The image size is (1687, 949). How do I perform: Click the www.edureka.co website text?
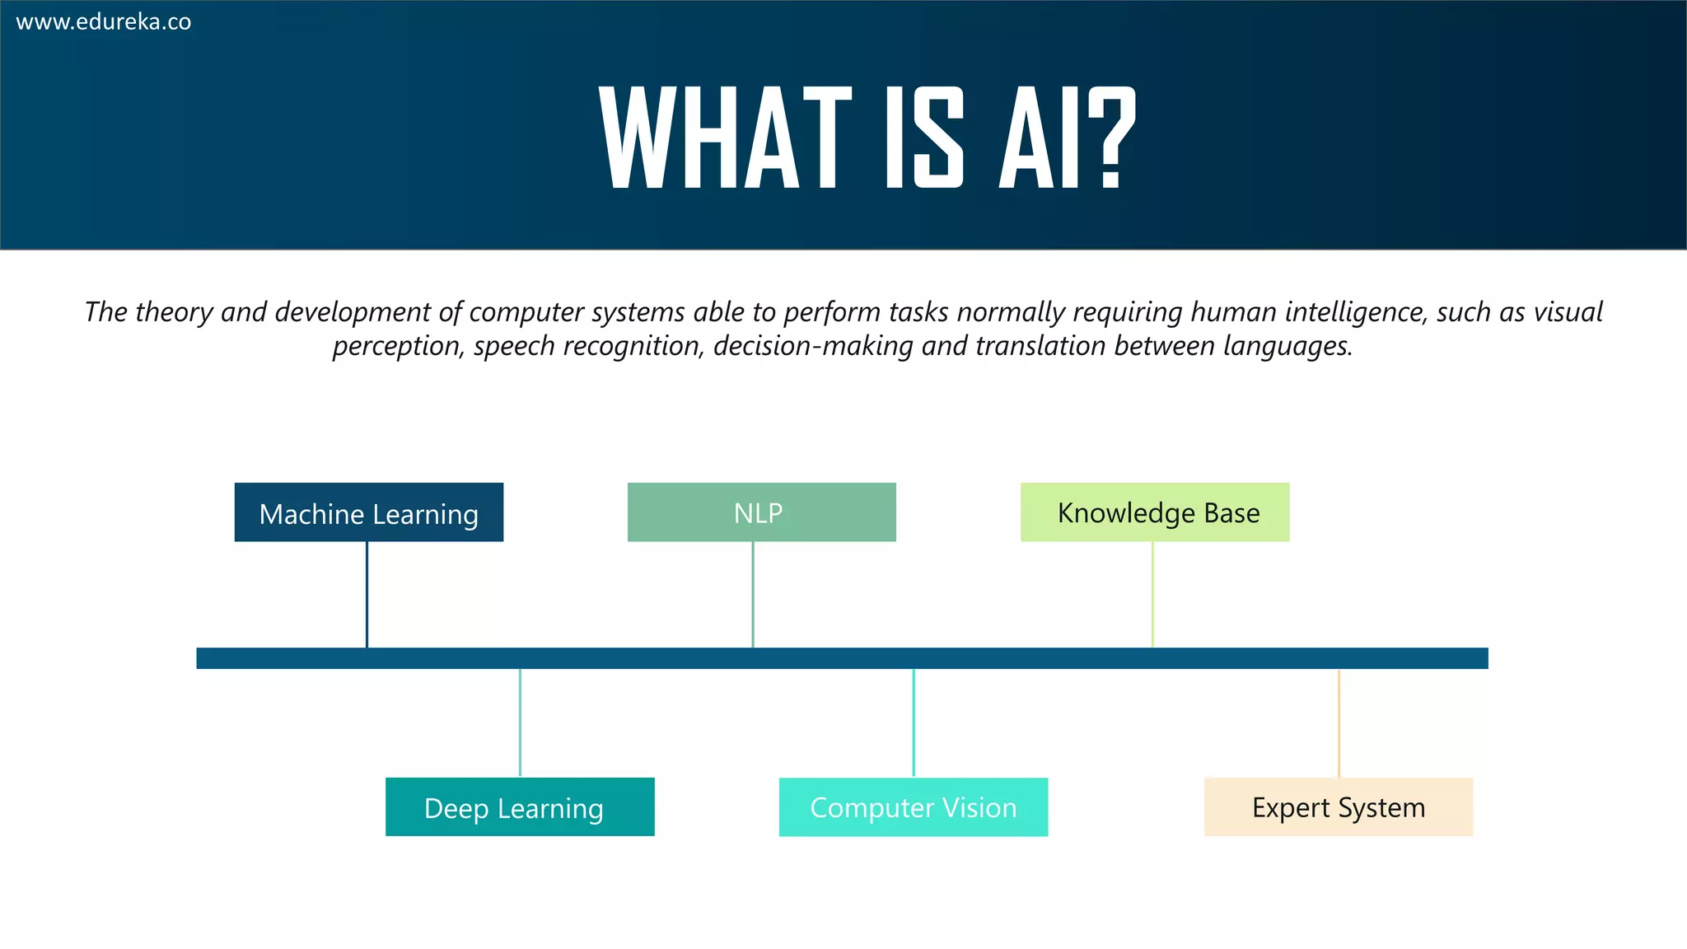coord(104,22)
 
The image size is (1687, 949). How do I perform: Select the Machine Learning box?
coord(368,512)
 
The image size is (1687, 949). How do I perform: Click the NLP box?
coord(761,512)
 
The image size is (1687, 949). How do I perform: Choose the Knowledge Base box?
coord(1154,512)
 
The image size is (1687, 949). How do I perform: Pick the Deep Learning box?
coord(520,806)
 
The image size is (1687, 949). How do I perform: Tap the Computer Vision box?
coord(913,806)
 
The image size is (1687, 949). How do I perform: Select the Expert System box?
coord(1338,806)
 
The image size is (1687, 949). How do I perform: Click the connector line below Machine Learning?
coord(367,594)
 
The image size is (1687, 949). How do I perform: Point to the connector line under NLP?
coord(753,594)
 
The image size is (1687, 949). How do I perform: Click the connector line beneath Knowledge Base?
coord(1152,594)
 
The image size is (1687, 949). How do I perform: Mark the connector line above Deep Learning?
coord(520,722)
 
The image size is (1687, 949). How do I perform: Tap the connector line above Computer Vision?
coord(914,722)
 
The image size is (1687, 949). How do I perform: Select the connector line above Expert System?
coord(1339,722)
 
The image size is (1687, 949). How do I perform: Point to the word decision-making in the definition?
coord(813,346)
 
